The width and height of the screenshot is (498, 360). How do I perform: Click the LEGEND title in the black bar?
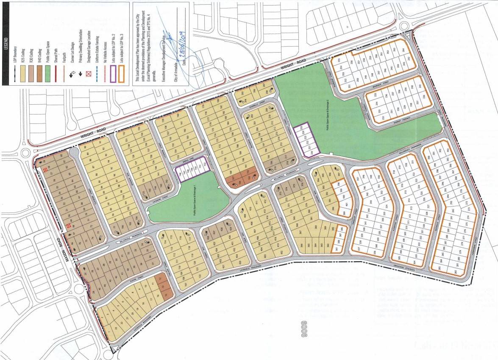coord(6,43)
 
